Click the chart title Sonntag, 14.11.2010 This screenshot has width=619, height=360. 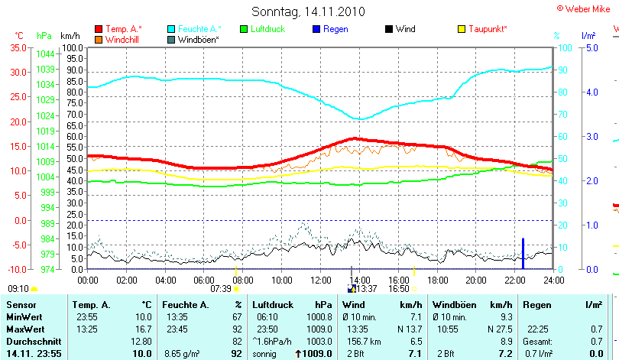(x=308, y=11)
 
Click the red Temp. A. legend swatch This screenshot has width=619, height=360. (x=99, y=29)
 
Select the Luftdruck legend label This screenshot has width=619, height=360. (x=268, y=29)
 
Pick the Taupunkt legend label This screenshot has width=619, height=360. (x=488, y=29)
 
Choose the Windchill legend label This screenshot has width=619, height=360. (x=122, y=39)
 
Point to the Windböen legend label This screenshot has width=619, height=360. (x=198, y=39)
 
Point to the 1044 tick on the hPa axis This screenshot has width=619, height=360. (x=45, y=54)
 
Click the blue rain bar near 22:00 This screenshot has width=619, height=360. (x=523, y=253)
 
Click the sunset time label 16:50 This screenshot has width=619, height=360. (x=399, y=289)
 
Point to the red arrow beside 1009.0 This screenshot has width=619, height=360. (x=297, y=354)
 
